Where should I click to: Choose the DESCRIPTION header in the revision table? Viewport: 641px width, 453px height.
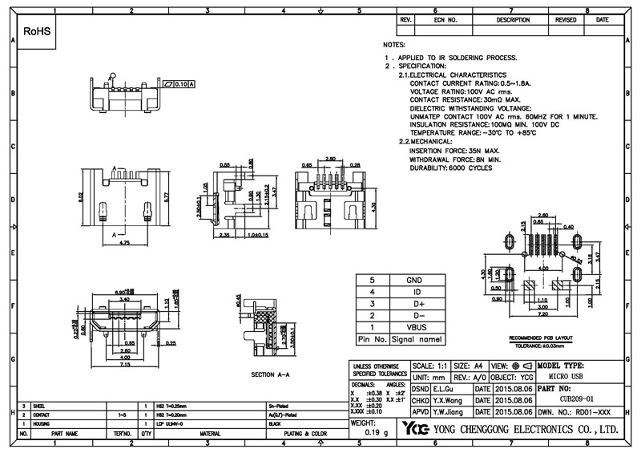tap(513, 18)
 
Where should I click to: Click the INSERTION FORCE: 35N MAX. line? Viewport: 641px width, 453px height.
tap(454, 150)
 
